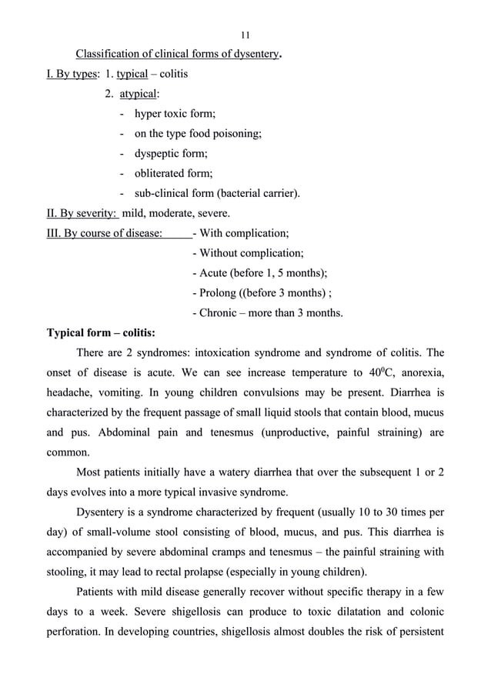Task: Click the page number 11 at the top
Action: click(245, 35)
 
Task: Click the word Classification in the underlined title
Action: click(106, 55)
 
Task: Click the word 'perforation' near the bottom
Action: click(78, 633)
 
